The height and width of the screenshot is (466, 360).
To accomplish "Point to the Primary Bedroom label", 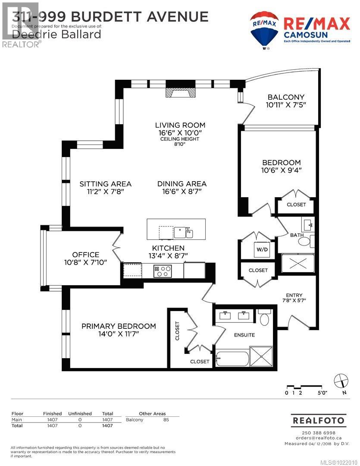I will [x=119, y=326].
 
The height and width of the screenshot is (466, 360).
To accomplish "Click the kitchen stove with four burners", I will [x=163, y=271].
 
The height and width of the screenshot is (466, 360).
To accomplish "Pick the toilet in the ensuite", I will [x=264, y=318].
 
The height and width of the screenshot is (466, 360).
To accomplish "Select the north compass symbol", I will [x=341, y=381].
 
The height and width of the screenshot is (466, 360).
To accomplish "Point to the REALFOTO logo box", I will [x=319, y=420].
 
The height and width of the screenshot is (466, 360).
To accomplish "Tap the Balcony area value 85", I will [x=166, y=419].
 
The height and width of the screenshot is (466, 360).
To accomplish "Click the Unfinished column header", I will [x=80, y=413].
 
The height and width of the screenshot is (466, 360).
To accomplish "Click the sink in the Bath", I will [x=308, y=225].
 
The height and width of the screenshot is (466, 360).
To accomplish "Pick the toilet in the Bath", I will [x=307, y=241].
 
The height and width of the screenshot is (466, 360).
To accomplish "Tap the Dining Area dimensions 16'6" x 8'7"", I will [x=182, y=191].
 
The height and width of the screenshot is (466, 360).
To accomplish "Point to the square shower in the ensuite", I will [x=261, y=356].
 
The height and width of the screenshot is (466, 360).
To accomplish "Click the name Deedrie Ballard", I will [x=56, y=34].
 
